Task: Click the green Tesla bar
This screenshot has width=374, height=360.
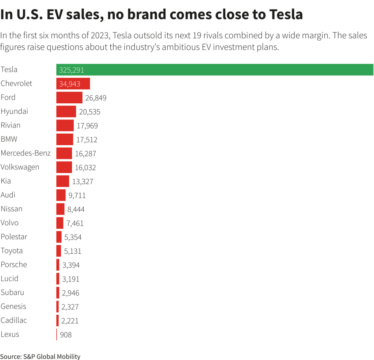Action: point(214,70)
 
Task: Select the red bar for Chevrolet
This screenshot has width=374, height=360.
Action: point(73,84)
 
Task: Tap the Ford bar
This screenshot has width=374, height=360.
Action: point(69,97)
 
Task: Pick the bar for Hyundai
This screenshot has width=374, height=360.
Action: point(66,111)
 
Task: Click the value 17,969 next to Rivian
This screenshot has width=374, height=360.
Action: point(87,126)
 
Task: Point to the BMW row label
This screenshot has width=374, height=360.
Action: point(9,139)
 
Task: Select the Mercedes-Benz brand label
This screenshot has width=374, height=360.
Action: point(26,153)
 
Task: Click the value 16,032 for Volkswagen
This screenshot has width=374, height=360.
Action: point(85,168)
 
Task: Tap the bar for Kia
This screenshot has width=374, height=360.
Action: point(62,181)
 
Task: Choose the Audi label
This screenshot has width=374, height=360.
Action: point(8,195)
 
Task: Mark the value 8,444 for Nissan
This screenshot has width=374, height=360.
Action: point(76,210)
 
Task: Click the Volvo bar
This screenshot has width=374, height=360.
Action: point(60,223)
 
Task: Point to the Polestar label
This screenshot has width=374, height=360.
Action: point(14,237)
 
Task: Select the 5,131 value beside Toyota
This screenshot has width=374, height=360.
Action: point(73,251)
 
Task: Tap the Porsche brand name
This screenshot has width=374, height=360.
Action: point(14,264)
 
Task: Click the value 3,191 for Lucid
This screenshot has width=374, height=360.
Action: point(71,279)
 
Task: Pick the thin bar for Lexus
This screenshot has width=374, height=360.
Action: point(57,334)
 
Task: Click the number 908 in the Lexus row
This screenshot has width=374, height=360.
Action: point(66,335)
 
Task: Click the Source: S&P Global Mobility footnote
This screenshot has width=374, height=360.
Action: point(40,356)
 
